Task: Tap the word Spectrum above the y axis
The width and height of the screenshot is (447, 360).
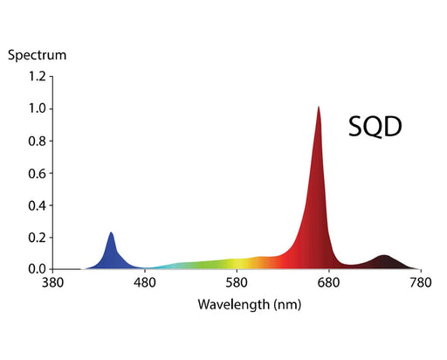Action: (37, 55)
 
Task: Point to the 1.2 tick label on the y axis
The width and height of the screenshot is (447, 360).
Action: (36, 77)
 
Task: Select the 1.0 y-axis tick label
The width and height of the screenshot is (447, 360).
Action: (36, 109)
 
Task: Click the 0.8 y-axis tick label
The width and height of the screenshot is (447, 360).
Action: (36, 141)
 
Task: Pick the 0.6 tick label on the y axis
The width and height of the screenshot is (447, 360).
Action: (36, 173)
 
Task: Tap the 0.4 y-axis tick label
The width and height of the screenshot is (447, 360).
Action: (36, 205)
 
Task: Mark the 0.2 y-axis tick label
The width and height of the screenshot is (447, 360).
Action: (36, 238)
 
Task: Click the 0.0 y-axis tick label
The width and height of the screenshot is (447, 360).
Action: (36, 269)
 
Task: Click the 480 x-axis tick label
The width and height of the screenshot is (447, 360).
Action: (145, 284)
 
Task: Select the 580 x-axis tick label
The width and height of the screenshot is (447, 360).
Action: (237, 284)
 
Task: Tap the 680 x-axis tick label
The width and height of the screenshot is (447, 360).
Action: (328, 284)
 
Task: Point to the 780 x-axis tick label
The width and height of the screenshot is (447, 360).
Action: (421, 284)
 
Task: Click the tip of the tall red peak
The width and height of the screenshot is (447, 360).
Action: (319, 108)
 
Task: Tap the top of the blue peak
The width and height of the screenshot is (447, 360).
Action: (111, 233)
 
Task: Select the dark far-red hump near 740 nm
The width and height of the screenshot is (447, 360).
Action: (384, 261)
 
